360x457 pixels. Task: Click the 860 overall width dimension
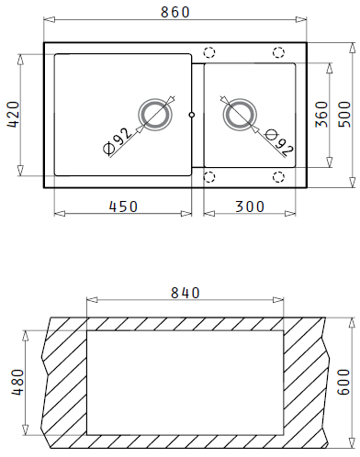pyautogui.click(x=175, y=12)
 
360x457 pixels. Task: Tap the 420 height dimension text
pyautogui.click(x=14, y=115)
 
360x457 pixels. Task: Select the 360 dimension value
pyautogui.click(x=321, y=114)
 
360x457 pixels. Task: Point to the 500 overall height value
pyautogui.click(x=344, y=114)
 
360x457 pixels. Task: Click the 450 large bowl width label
pyautogui.click(x=124, y=206)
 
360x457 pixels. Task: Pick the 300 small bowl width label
pyautogui.click(x=250, y=206)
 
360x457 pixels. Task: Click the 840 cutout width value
pyautogui.click(x=186, y=293)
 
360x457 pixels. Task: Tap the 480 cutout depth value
pyautogui.click(x=17, y=383)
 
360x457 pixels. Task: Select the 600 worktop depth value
pyautogui.click(x=343, y=382)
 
